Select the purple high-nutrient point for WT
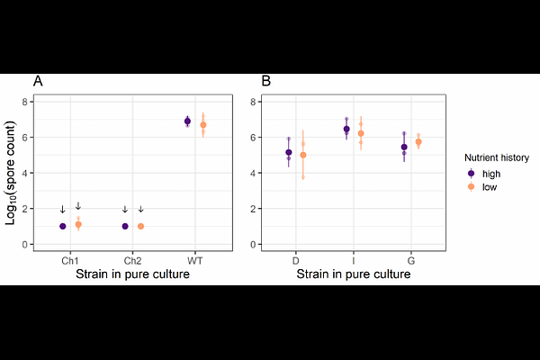tap(187, 121)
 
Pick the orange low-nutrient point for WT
tap(203, 124)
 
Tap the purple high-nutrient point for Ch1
tap(63, 226)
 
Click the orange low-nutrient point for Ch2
tap(140, 226)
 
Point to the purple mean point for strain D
tap(288, 153)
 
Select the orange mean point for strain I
tap(361, 133)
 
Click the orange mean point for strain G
tap(418, 142)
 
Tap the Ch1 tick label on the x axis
tap(70, 260)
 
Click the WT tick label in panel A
tap(195, 260)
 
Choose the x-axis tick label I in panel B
tap(354, 260)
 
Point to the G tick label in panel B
tap(411, 260)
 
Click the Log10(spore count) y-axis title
tap(13, 171)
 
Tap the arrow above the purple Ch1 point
tap(62, 210)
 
